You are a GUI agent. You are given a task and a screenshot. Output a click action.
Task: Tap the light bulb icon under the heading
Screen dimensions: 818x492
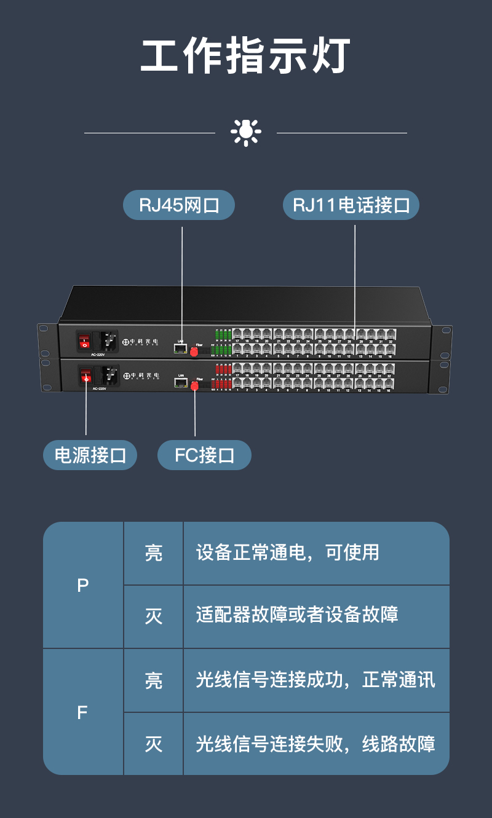click(x=246, y=132)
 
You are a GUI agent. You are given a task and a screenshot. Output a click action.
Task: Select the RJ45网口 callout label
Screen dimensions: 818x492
click(x=179, y=205)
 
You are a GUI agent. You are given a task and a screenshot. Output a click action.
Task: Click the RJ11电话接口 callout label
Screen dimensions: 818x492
click(x=351, y=205)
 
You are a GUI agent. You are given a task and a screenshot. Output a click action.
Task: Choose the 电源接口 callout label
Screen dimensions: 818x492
click(x=90, y=455)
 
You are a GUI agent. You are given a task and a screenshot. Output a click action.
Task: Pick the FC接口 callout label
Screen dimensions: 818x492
click(x=204, y=455)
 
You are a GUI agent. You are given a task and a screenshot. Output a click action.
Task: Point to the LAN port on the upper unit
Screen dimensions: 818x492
click(x=180, y=348)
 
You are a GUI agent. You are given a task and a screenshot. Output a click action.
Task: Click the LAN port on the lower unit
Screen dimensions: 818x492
click(x=181, y=382)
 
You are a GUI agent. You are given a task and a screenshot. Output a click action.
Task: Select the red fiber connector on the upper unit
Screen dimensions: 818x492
click(x=194, y=352)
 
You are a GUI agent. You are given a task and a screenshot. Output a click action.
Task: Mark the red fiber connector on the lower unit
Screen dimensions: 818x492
click(x=195, y=386)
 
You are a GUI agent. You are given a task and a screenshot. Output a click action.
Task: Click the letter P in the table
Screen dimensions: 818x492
click(x=83, y=586)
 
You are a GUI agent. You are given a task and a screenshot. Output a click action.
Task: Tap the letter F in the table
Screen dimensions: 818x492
click(x=82, y=712)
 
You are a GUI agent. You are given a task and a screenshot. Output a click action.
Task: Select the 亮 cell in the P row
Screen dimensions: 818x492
click(x=154, y=553)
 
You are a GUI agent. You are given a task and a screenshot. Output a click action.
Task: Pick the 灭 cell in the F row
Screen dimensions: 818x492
click(x=154, y=744)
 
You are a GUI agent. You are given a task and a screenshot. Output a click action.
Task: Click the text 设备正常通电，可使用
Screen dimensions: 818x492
click(x=287, y=553)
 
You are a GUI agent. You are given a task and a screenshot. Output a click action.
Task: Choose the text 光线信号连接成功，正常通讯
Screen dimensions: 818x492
click(x=315, y=680)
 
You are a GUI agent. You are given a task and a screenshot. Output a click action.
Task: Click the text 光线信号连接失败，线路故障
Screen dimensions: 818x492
click(x=315, y=744)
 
